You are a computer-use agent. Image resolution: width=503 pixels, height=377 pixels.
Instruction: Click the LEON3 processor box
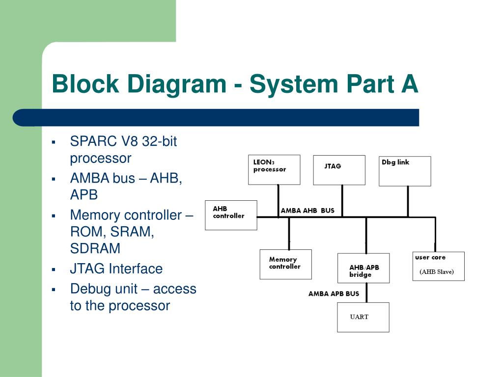click(x=274, y=169)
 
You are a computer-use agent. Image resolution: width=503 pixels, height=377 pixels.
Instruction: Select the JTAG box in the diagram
click(x=339, y=170)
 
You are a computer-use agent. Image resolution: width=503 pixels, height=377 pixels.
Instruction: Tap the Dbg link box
click(x=405, y=171)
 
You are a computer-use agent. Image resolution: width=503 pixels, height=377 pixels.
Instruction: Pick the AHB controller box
click(x=231, y=215)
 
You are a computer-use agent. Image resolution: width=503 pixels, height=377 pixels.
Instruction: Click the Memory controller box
click(x=285, y=264)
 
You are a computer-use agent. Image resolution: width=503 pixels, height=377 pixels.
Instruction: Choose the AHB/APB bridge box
click(x=363, y=268)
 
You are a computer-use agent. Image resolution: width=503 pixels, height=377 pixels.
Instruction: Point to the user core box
click(x=439, y=266)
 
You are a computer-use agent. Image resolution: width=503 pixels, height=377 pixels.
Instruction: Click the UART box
click(x=363, y=317)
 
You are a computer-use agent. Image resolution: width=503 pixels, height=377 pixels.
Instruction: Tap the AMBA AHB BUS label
click(x=307, y=211)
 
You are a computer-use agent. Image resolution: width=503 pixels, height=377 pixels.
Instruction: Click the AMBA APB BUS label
click(x=334, y=294)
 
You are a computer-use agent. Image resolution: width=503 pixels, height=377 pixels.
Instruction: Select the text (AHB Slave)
click(x=437, y=272)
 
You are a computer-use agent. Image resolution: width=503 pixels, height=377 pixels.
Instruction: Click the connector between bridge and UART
click(x=366, y=293)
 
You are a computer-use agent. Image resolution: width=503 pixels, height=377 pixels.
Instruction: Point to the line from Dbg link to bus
click(x=408, y=202)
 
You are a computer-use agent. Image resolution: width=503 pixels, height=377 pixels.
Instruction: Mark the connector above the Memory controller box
click(x=289, y=234)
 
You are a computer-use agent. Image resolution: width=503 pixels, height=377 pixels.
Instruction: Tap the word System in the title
click(x=294, y=84)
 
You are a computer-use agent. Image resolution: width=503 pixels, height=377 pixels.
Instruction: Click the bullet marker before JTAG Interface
click(x=54, y=269)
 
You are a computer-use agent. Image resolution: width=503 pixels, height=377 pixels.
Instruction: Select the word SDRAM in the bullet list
click(x=95, y=248)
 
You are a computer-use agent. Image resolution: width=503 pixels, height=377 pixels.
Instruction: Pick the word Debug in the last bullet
click(x=88, y=289)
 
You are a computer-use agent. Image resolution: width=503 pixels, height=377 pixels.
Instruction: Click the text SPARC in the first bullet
click(x=93, y=141)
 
